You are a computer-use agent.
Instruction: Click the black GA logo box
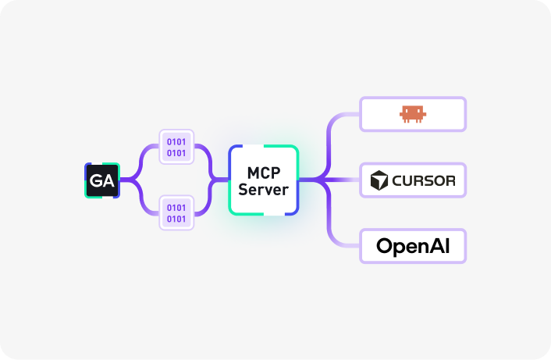point(101,180)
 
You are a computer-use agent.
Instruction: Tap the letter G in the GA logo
point(96,180)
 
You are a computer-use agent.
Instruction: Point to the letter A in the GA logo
point(108,180)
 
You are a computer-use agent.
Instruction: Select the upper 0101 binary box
point(177,147)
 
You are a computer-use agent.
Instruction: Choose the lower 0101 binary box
point(177,212)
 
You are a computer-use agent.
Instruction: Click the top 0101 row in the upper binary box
point(177,142)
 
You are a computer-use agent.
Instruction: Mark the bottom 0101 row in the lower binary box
point(177,218)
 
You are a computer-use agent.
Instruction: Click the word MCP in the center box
point(263,173)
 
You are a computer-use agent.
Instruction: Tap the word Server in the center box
point(263,189)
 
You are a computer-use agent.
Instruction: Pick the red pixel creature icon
point(413,115)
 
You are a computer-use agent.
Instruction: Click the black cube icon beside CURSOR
point(379,181)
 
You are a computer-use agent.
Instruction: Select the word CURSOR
point(423,181)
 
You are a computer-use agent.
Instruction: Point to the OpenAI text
point(413,246)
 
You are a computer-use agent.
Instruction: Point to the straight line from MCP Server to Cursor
point(343,180)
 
